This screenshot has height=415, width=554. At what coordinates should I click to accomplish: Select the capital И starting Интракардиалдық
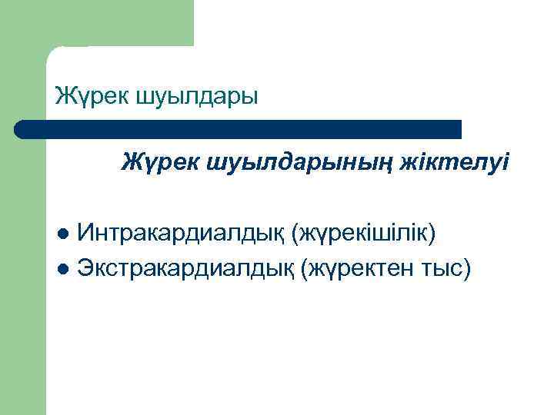pyautogui.click(x=87, y=232)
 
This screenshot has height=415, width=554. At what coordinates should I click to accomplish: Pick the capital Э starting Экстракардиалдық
pyautogui.click(x=85, y=268)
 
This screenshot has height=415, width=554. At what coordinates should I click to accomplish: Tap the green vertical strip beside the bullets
pyautogui.click(x=23, y=307)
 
